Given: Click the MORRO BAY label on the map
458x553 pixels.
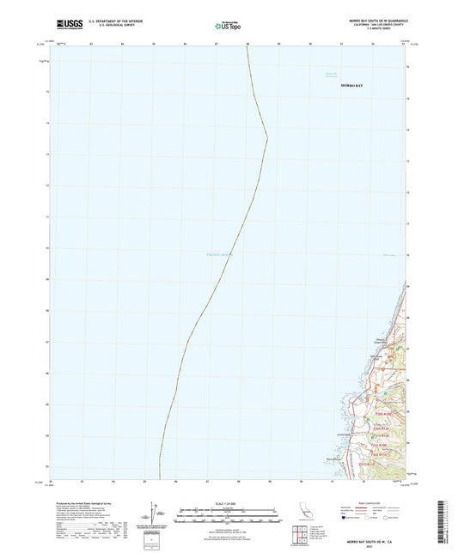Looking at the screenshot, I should click(x=352, y=87).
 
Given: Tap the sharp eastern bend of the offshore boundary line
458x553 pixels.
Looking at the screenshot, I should click(x=267, y=137).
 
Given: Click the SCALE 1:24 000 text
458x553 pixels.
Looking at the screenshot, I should click(x=229, y=501).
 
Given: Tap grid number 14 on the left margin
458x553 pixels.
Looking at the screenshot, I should click(x=47, y=122).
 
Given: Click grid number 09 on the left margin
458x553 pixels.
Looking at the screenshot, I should click(x=47, y=279).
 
